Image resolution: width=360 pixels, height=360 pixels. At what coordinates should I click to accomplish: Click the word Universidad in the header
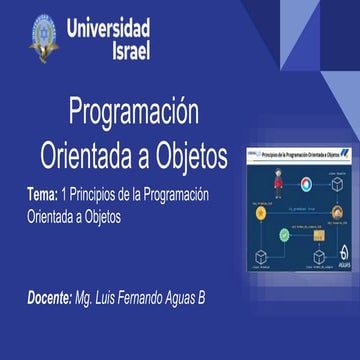(109, 27)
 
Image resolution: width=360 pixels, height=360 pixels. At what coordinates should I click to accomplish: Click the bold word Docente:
(50, 270)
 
